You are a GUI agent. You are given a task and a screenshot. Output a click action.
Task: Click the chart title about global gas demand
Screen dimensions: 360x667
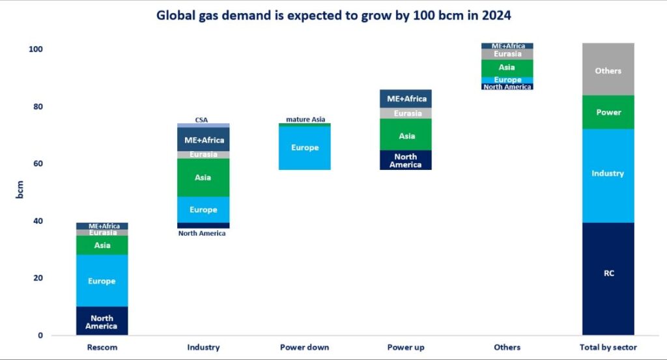pyautogui.click(x=333, y=15)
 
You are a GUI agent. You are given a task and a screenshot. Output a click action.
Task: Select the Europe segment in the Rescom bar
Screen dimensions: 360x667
pyautogui.click(x=102, y=281)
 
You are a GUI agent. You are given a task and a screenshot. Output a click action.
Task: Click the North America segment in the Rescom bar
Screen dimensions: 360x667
pyautogui.click(x=102, y=321)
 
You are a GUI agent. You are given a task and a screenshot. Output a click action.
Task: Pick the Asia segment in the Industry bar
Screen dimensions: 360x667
pyautogui.click(x=203, y=178)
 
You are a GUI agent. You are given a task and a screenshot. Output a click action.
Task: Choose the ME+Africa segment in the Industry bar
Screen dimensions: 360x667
pyautogui.click(x=203, y=139)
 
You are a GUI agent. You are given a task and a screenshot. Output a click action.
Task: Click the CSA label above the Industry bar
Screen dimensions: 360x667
pyautogui.click(x=202, y=120)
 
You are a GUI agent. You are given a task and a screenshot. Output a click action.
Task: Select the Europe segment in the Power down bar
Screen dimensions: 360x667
pyautogui.click(x=305, y=148)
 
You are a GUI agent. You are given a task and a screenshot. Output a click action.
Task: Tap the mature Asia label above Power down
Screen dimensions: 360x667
pyautogui.click(x=305, y=119)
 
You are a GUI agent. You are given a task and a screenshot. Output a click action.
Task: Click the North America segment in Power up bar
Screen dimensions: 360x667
pyautogui.click(x=405, y=160)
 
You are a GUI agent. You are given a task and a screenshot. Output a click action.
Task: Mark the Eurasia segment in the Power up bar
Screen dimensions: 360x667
pyautogui.click(x=405, y=113)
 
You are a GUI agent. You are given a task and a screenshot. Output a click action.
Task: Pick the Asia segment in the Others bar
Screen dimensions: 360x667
pyautogui.click(x=507, y=68)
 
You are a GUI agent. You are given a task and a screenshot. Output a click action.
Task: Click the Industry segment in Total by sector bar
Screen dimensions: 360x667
pyautogui.click(x=608, y=174)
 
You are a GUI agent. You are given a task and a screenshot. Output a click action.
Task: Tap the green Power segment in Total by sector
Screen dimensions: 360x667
pyautogui.click(x=608, y=112)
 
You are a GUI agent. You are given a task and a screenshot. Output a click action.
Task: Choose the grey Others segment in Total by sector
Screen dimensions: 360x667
pyautogui.click(x=608, y=70)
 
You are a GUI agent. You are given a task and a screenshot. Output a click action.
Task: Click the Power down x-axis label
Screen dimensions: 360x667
pyautogui.click(x=304, y=347)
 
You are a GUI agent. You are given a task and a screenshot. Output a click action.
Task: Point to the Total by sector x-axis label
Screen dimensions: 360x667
pyautogui.click(x=608, y=347)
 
